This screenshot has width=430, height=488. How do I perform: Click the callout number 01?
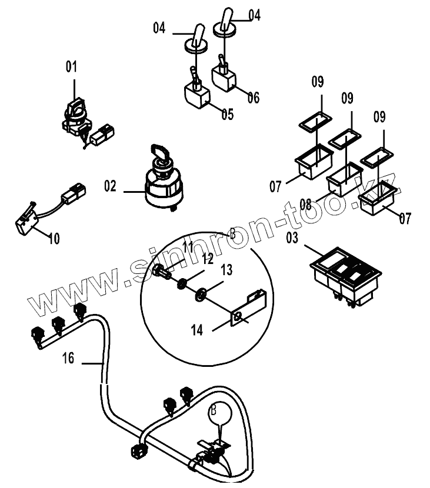71,66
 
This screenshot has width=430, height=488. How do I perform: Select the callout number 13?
227,270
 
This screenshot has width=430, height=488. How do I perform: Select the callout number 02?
110,186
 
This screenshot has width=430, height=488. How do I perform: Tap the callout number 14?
197,330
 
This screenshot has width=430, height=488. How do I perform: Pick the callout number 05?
227,113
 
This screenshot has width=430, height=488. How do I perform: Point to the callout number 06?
253,97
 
